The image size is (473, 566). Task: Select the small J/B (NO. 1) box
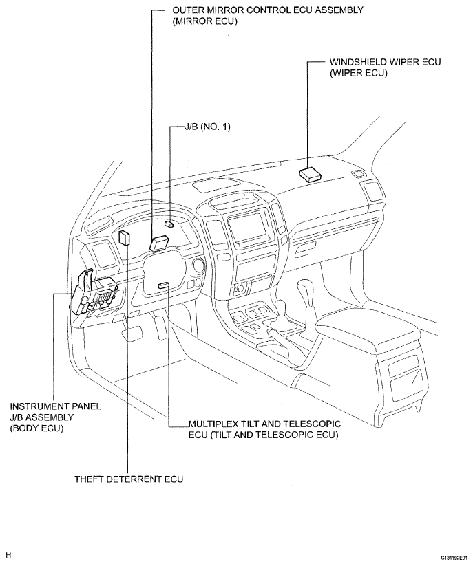click(169, 224)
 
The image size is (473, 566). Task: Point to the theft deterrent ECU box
click(124, 238)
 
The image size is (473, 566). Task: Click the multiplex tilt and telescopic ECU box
click(163, 285)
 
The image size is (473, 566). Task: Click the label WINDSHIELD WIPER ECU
click(385, 62)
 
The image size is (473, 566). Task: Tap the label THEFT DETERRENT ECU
click(129, 479)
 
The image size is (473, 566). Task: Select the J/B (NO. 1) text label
click(207, 127)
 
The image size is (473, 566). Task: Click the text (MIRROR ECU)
click(205, 21)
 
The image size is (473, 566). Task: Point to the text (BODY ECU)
click(36, 428)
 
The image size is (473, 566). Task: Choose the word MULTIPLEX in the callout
click(216, 424)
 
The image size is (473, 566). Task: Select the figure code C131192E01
click(456, 557)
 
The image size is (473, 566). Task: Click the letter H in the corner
click(8, 555)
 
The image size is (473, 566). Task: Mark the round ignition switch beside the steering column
click(199, 265)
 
